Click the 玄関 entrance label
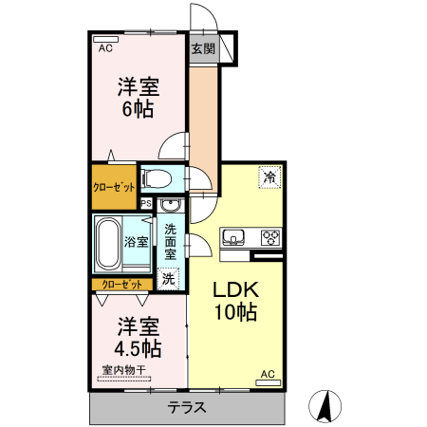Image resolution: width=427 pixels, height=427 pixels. point(202,49)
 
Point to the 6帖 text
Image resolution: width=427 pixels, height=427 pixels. point(137,109)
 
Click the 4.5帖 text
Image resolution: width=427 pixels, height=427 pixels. point(139,347)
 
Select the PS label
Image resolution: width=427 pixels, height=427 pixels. point(146,203)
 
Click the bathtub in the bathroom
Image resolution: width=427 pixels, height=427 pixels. point(107,243)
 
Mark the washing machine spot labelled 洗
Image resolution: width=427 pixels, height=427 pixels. point(168,279)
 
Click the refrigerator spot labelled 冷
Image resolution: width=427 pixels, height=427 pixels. point(269,176)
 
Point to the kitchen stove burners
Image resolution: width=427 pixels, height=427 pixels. point(269,237)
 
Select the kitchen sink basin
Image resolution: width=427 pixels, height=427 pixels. point(234,237)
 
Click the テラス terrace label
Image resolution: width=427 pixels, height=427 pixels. point(188,408)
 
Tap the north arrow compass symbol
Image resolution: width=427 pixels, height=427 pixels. point(328,405)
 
